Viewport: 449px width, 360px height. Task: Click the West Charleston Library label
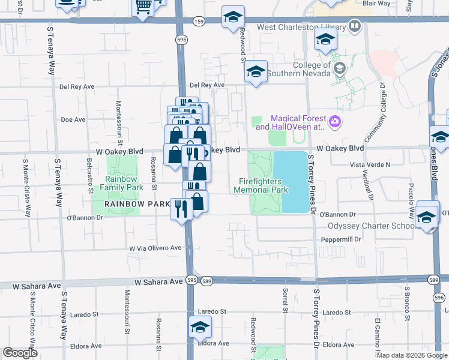tap(301, 27)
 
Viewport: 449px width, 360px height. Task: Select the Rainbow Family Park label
tap(124, 183)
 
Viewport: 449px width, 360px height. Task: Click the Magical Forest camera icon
tap(335, 122)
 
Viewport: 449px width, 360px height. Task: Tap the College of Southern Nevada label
tap(312, 69)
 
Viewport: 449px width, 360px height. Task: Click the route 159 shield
tap(199, 22)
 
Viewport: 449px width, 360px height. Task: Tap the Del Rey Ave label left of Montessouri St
tap(77, 86)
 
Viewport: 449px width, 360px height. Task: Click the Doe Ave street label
tap(73, 120)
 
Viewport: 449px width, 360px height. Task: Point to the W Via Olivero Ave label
tap(155, 248)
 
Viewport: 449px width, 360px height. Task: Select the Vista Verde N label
tap(370, 164)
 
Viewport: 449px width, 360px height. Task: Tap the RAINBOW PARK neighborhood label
tap(138, 204)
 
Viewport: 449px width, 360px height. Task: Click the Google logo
tap(20, 353)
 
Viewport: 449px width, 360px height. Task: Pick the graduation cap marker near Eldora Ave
tap(200, 328)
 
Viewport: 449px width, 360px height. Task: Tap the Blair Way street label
tap(377, 3)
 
